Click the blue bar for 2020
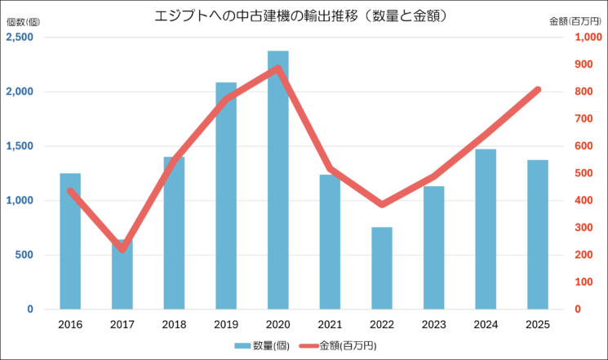(277, 180)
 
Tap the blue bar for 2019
(226, 196)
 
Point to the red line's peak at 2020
(277, 68)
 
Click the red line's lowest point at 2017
(122, 249)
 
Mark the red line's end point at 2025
(537, 89)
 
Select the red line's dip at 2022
(382, 204)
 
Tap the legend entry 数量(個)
(261, 345)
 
